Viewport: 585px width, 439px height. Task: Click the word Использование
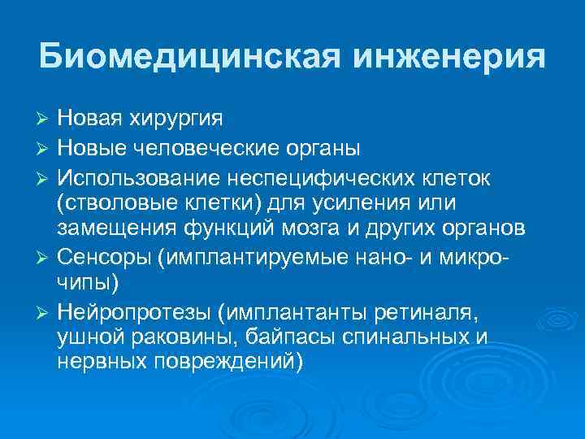[139, 178]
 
